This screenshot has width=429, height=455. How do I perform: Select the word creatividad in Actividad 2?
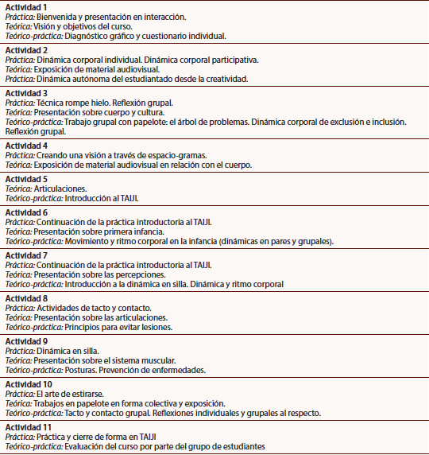point(223,79)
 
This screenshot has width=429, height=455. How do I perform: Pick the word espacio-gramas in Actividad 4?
point(158,155)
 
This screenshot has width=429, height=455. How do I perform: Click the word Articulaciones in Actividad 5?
point(61,189)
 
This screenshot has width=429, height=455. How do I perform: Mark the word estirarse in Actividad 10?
point(85,394)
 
